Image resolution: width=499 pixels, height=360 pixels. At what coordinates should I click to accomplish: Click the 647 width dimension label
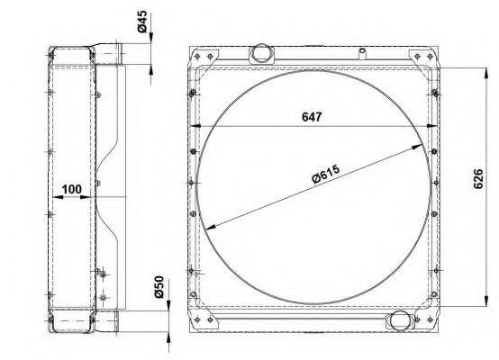[312, 117]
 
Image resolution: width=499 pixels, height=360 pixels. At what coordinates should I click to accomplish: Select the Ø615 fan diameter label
[326, 175]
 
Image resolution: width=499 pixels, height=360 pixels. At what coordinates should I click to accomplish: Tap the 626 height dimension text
[478, 179]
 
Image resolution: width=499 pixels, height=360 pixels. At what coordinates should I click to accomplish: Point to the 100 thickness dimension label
[71, 189]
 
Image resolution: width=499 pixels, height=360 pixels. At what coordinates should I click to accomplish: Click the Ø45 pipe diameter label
[142, 22]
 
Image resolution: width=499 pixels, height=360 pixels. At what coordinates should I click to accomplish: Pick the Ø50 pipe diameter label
[159, 287]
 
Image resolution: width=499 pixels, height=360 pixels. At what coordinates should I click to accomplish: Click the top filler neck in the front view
[261, 53]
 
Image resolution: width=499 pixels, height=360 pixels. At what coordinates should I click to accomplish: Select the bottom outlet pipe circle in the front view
[400, 321]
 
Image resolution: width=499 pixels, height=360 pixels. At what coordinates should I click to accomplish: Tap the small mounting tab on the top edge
[362, 53]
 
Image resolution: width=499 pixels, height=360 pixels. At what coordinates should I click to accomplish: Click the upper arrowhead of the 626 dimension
[486, 73]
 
